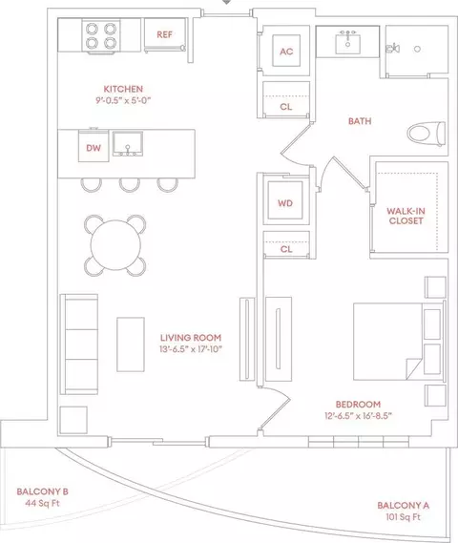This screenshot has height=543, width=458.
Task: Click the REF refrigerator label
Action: pyautogui.click(x=164, y=34)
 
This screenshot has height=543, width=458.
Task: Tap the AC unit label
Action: pyautogui.click(x=286, y=52)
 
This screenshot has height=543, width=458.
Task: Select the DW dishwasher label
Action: pyautogui.click(x=94, y=148)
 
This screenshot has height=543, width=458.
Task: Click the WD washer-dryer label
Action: pyautogui.click(x=285, y=203)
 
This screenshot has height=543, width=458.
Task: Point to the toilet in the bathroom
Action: pyautogui.click(x=427, y=134)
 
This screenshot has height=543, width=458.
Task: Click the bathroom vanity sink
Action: pyautogui.click(x=347, y=43)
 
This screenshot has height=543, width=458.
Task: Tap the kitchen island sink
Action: pyautogui.click(x=128, y=144)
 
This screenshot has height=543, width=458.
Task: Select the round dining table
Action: pyautogui.click(x=115, y=245)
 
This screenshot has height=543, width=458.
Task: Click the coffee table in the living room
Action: pyautogui.click(x=131, y=345)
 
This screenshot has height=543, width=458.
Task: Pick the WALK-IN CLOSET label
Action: pyautogui.click(x=406, y=216)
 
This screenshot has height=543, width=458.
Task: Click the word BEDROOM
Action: pyautogui.click(x=358, y=404)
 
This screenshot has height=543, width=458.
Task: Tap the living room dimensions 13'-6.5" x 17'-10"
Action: pyautogui.click(x=191, y=349)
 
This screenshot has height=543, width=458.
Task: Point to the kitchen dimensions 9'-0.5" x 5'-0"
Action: pyautogui.click(x=123, y=100)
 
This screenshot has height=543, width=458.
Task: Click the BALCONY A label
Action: pyautogui.click(x=404, y=506)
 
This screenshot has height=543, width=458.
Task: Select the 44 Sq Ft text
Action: pyautogui.click(x=42, y=503)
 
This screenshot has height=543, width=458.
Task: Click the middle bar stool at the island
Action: pyautogui.click(x=130, y=185)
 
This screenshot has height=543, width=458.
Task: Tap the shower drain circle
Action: pyautogui.click(x=418, y=49)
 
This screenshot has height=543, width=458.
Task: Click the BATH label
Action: pyautogui.click(x=360, y=121)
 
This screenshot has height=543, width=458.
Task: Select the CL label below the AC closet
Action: pyautogui.click(x=286, y=107)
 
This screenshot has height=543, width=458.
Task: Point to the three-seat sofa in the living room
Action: pyautogui.click(x=79, y=345)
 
